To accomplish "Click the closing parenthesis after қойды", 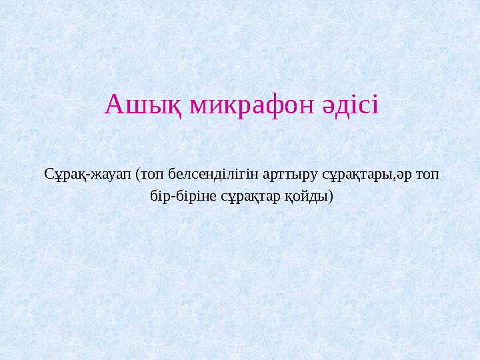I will pyautogui.click(x=330, y=198).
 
